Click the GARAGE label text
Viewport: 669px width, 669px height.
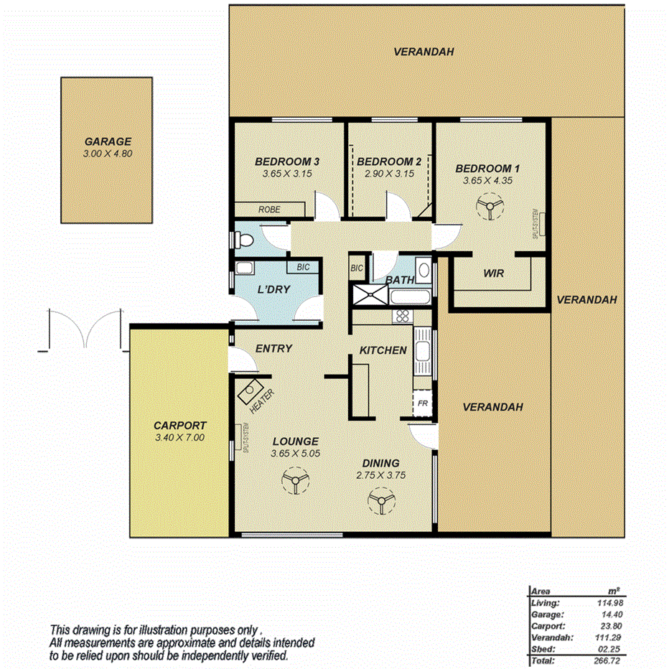coord(108,142)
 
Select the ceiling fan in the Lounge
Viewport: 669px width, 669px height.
coord(293,480)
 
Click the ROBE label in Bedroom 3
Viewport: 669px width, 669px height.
coord(270,210)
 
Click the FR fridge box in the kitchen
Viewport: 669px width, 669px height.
coord(424,403)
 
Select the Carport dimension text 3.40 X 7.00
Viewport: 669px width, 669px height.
coord(179,437)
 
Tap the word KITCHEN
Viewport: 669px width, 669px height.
coord(383,350)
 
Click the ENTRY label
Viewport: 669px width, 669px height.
coord(273,349)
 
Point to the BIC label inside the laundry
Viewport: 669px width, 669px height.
coord(303,267)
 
